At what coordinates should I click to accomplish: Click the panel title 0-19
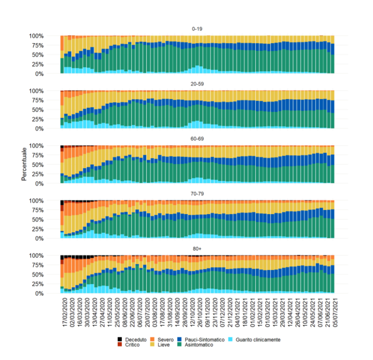[197, 29]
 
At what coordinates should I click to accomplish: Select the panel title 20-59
[197, 83]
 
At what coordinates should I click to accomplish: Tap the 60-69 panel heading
[197, 139]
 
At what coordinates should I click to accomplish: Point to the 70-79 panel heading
[197, 194]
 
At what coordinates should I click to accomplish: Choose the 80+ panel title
[197, 249]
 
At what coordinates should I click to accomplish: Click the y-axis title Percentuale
[24, 165]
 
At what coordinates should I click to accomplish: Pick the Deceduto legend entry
[131, 339]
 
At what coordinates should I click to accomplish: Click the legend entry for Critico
[129, 345]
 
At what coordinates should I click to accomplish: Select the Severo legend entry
[165, 339]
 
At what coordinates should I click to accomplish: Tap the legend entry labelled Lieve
[163, 345]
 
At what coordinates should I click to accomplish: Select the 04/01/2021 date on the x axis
[233, 313]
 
